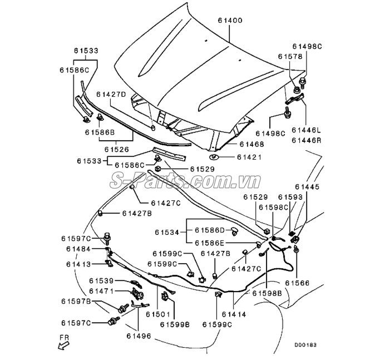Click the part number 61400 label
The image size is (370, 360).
tap(230, 21)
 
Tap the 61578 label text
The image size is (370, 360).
tap(290, 57)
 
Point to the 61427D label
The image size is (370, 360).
tap(111, 95)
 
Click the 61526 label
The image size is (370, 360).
tap(117, 150)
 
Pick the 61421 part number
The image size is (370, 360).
tap(249, 157)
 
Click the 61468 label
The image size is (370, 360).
tap(252, 144)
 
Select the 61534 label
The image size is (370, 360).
tap(167, 233)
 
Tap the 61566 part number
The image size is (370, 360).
tap(297, 283)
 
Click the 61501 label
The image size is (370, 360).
tap(158, 314)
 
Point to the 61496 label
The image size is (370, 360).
tap(139, 336)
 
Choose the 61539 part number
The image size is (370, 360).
tap(101, 281)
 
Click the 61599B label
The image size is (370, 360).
tap(175, 324)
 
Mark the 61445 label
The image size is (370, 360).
tap(307, 187)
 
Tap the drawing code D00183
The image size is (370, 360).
tap(305, 345)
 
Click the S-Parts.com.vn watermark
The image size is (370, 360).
tap(185, 181)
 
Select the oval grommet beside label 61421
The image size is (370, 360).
tap(214, 157)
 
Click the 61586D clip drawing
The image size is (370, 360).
tap(234, 231)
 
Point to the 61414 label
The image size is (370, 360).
tap(234, 314)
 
